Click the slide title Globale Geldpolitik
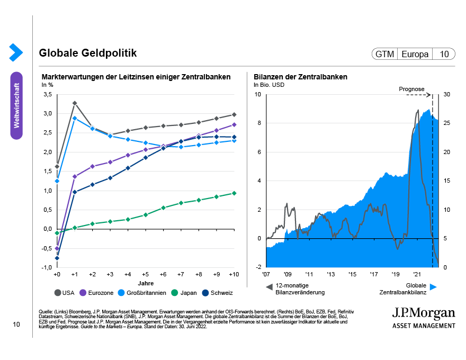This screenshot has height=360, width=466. point(87,53)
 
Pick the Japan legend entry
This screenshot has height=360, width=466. point(185,292)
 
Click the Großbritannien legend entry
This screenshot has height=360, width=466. point(137,292)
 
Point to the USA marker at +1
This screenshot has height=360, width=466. point(75,103)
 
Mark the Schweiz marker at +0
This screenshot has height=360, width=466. point(57,258)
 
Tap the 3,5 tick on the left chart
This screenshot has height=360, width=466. point(47,94)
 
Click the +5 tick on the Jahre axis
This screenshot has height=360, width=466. point(146,275)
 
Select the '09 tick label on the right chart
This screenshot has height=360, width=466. point(288,275)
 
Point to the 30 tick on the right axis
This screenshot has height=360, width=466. point(447,94)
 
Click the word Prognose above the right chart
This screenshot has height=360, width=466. point(411,89)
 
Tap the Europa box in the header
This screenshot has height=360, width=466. point(415,54)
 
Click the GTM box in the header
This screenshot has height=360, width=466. point(384,54)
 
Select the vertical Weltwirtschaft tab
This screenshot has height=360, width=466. point(16,105)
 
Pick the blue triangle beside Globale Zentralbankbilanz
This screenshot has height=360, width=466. point(433,286)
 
